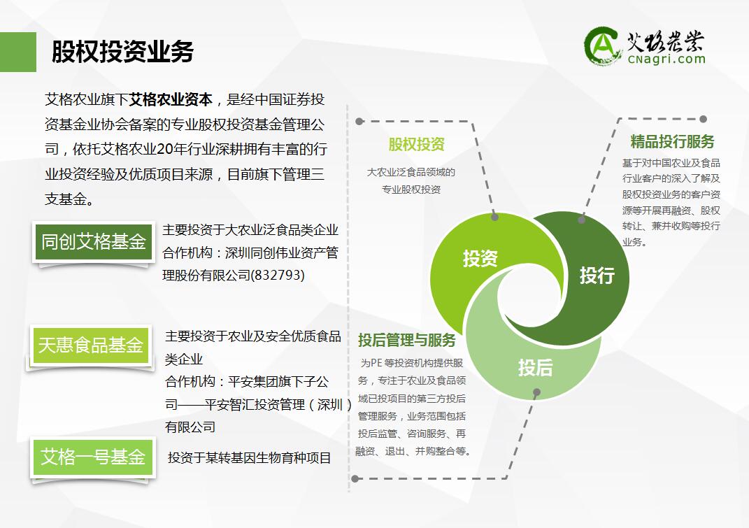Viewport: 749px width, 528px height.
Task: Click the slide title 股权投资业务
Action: click(122, 52)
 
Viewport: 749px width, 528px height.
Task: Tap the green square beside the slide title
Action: click(18, 52)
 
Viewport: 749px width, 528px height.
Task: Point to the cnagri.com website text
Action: click(666, 59)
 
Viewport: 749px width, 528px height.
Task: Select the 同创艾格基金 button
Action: click(94, 242)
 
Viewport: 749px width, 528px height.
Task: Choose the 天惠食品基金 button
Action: click(91, 345)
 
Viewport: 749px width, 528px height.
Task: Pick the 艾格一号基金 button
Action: click(93, 457)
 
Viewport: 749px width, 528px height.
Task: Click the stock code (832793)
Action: click(278, 275)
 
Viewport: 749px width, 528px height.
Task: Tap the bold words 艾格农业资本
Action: click(171, 99)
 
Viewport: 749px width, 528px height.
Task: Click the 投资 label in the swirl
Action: click(480, 259)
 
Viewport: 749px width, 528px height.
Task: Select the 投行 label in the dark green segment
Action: click(597, 276)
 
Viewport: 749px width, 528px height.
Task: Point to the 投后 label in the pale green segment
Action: click(536, 368)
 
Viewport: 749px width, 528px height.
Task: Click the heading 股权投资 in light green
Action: click(417, 144)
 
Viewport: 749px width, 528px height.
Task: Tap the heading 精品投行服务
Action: click(672, 141)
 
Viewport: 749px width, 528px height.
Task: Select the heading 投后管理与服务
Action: click(407, 340)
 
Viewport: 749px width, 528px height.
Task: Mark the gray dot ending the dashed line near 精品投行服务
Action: click(703, 119)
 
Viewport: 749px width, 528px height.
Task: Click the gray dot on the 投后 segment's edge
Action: click(537, 392)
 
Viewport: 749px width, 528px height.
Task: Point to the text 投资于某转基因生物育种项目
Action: click(250, 458)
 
